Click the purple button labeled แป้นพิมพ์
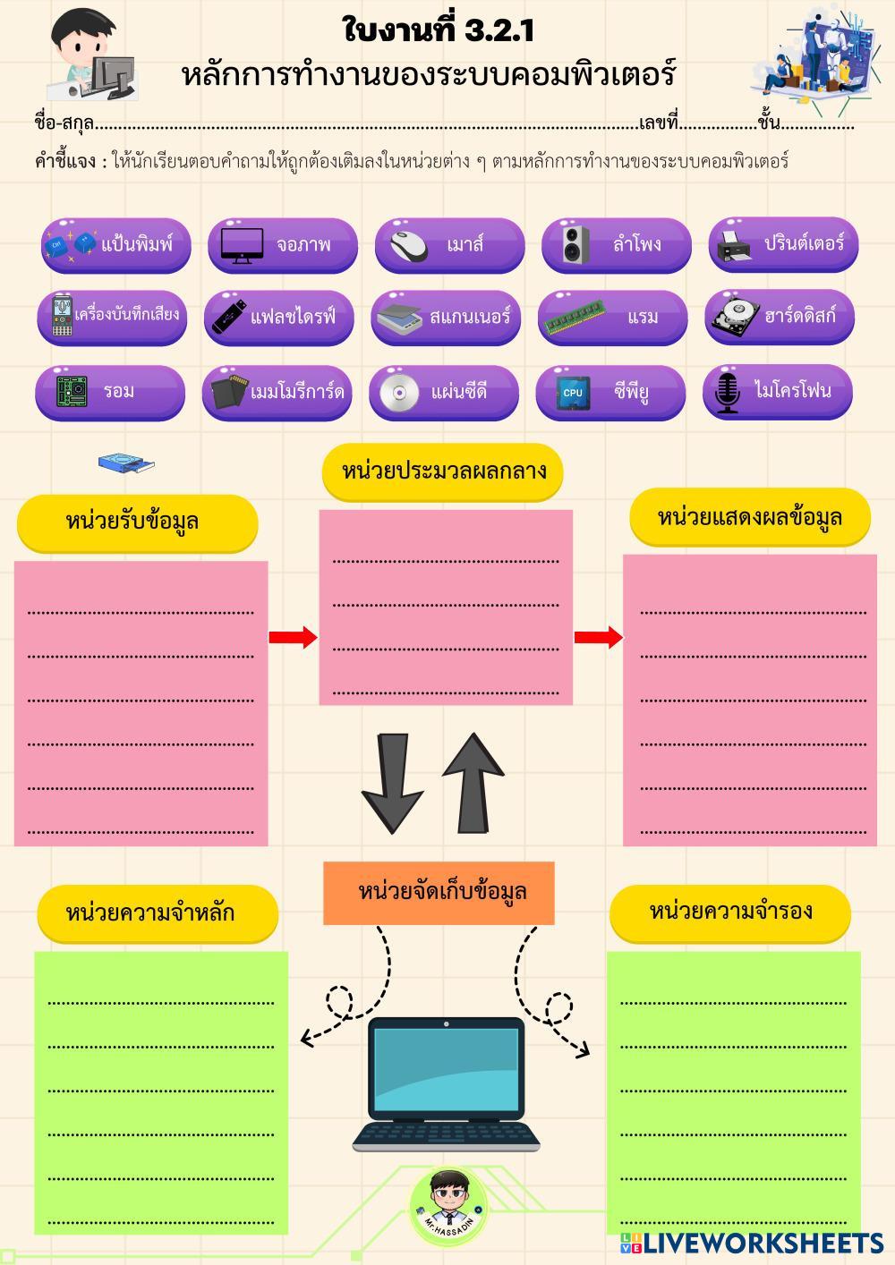click(x=116, y=246)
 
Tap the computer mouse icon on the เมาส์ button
click(x=409, y=246)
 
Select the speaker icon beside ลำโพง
click(x=575, y=244)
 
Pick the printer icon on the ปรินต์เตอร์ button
click(x=734, y=246)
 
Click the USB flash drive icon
click(x=229, y=316)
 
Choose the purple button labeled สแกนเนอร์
click(x=446, y=318)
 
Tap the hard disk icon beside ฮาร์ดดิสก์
click(x=736, y=318)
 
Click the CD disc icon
click(x=399, y=392)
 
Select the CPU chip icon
click(x=573, y=393)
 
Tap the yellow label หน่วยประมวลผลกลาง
click(x=442, y=472)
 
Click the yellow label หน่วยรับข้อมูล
click(x=138, y=523)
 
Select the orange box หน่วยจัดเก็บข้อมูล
click(x=439, y=893)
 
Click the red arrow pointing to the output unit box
click(x=599, y=637)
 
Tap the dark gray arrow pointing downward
click(x=393, y=784)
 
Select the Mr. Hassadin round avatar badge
click(x=448, y=1208)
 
